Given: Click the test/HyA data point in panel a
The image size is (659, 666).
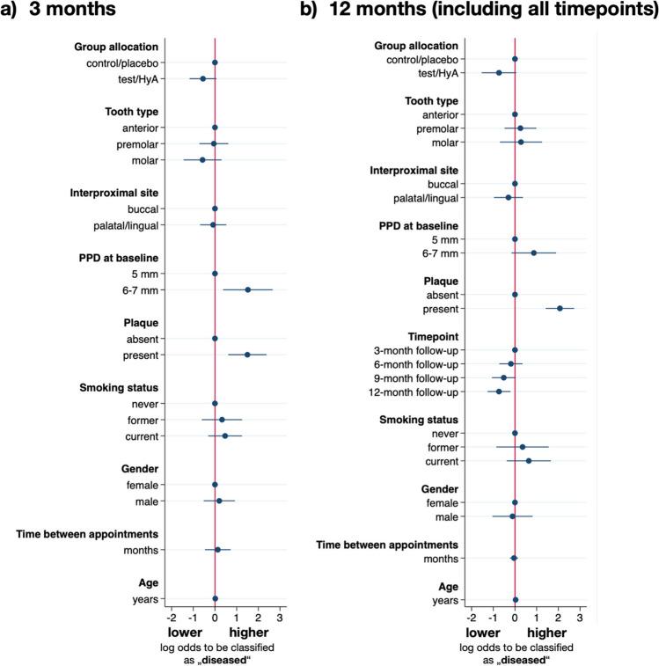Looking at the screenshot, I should pos(202,78).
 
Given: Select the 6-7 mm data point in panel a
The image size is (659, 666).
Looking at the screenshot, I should pos(248,289).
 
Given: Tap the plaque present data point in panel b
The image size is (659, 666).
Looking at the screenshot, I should pos(560,308).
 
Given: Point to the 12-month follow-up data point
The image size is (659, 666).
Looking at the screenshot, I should pos(499,392).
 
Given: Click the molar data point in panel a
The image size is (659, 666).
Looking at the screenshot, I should pos(202,160).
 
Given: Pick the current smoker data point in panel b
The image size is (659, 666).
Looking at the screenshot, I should pos(529,461).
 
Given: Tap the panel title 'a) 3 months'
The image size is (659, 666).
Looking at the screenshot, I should pos(62,13).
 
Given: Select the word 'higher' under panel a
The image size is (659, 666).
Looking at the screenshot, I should pos(249,633).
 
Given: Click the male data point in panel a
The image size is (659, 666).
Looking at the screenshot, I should pos(219,501).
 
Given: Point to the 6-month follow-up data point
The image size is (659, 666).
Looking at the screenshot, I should pos(510,363).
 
